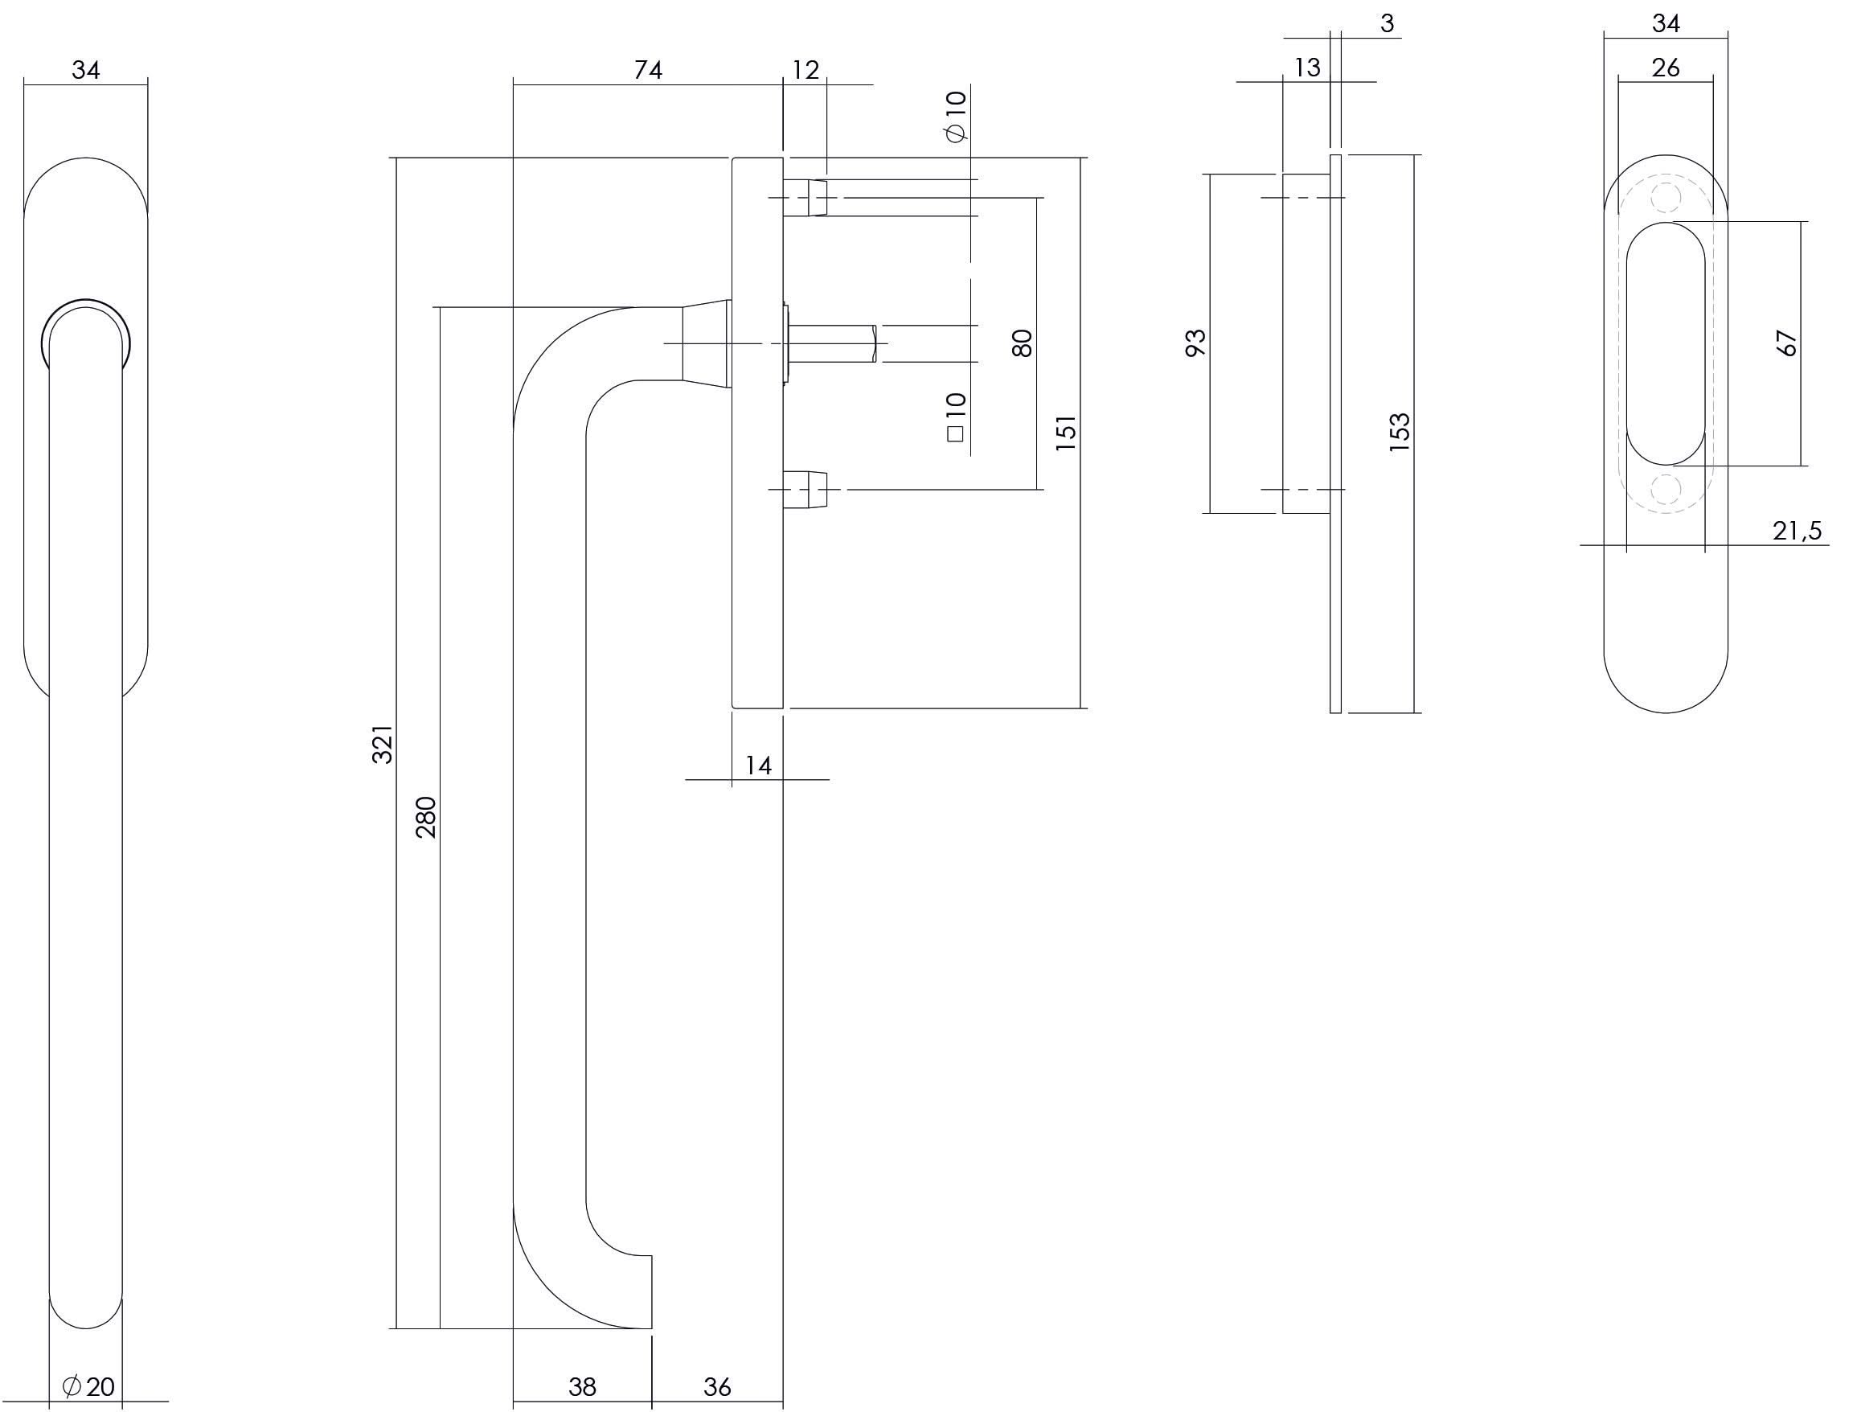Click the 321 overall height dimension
[383, 744]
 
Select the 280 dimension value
[427, 817]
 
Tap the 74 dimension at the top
[648, 70]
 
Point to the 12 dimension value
[804, 70]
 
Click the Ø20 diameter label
[89, 1386]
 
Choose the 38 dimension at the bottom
[581, 1386]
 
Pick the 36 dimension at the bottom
[717, 1386]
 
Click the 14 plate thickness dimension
[758, 766]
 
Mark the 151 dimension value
[1065, 433]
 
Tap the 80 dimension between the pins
[1022, 343]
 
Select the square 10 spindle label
[956, 417]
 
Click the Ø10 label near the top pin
[956, 117]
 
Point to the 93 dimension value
[1195, 343]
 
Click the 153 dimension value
[1399, 433]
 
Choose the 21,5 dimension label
[1797, 532]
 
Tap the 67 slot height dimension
[1786, 343]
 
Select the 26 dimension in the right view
[1666, 68]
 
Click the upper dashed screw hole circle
[1666, 199]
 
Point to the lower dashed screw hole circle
[1666, 488]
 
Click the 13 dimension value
[1306, 68]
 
